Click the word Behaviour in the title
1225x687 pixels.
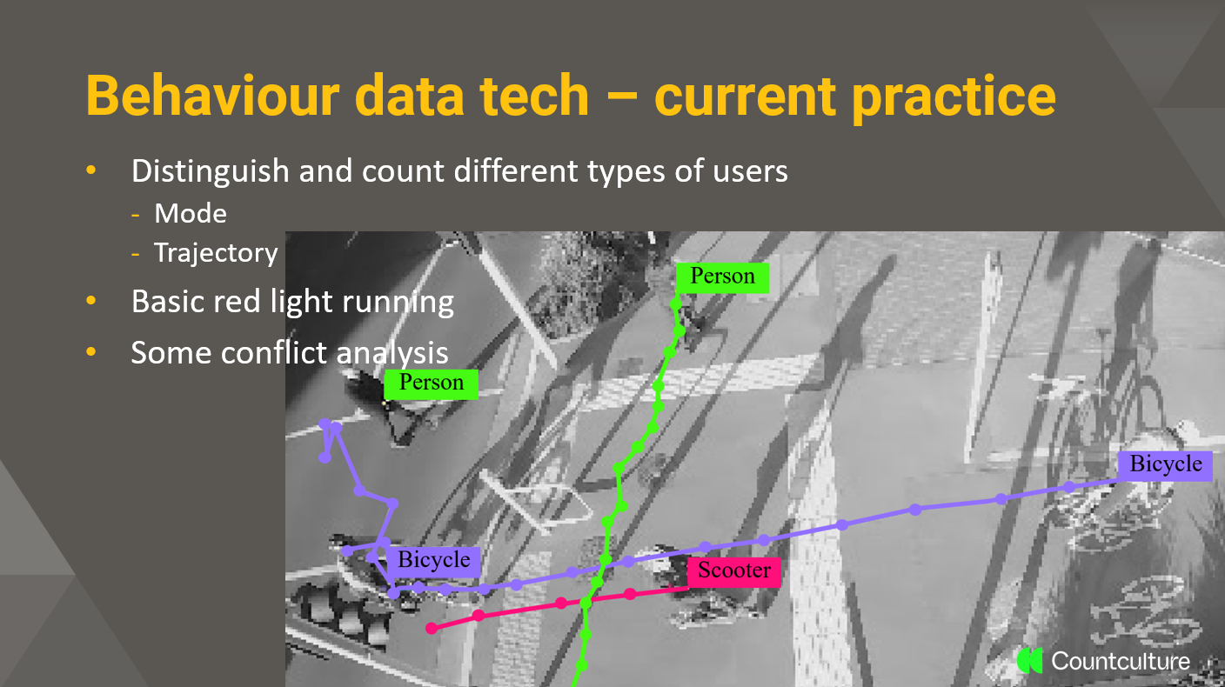point(213,96)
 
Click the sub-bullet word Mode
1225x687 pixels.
point(191,213)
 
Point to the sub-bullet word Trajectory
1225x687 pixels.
point(216,253)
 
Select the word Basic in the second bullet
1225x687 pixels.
point(167,301)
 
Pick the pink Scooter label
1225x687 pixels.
point(734,571)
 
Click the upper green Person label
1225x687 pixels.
point(722,277)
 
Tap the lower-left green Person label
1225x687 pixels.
point(431,384)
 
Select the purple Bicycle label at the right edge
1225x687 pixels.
point(1165,465)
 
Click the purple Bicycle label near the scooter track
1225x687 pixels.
point(433,561)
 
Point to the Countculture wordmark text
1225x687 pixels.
point(1121,661)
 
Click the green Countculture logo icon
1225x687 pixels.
point(1030,661)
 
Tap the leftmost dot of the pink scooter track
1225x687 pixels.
point(432,629)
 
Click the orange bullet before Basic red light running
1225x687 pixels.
point(90,301)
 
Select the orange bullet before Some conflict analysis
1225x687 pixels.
point(90,352)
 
